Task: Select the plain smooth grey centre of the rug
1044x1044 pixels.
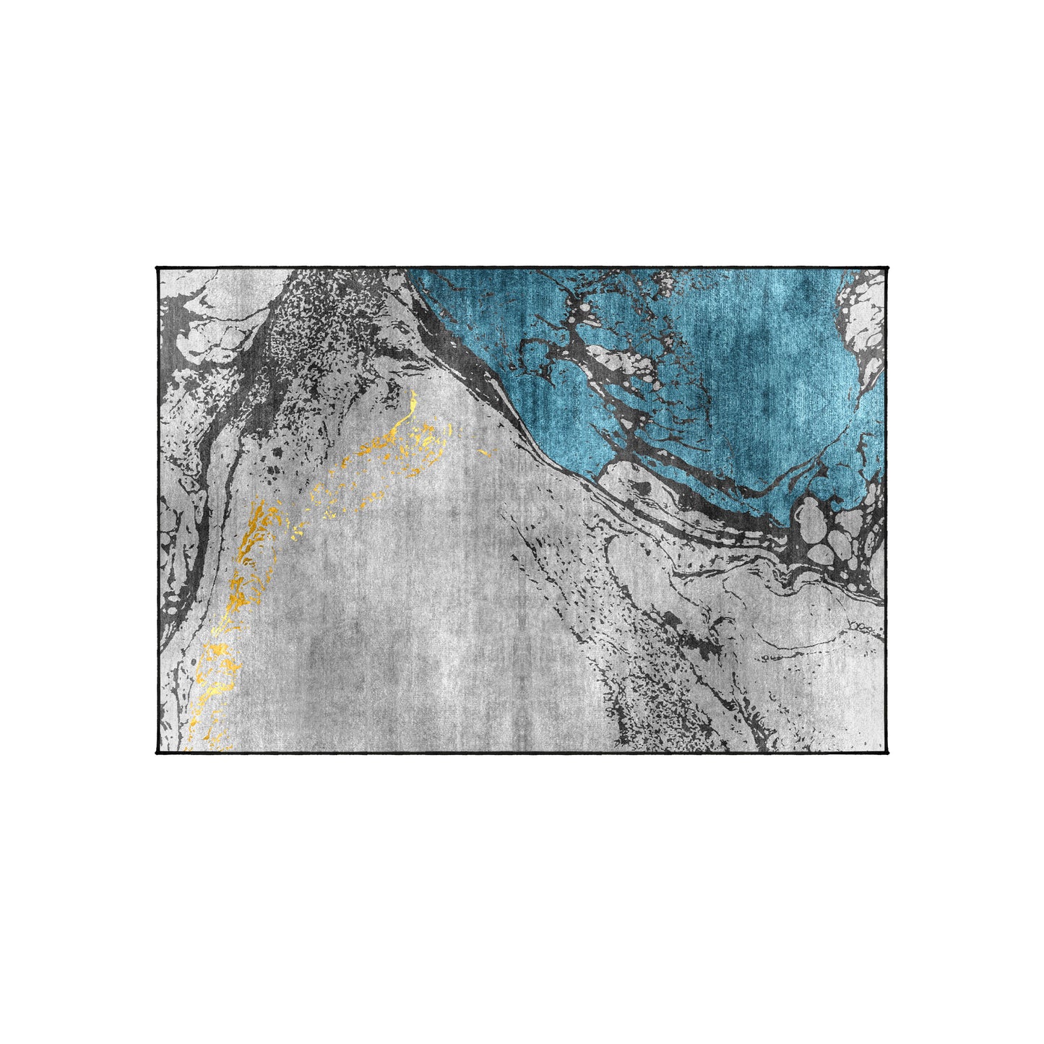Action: tap(433, 614)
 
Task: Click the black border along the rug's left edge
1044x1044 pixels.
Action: tap(157, 506)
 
